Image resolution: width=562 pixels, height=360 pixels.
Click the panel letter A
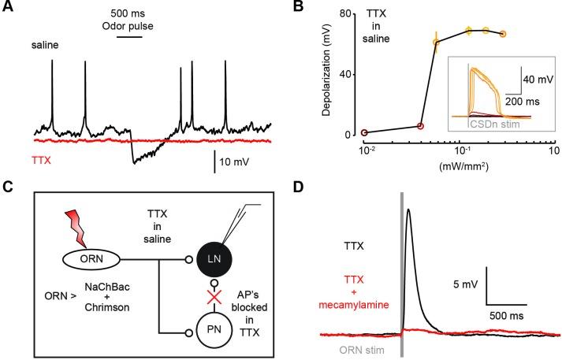pos(7,8)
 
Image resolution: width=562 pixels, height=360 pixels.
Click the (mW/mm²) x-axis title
pos(455,167)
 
